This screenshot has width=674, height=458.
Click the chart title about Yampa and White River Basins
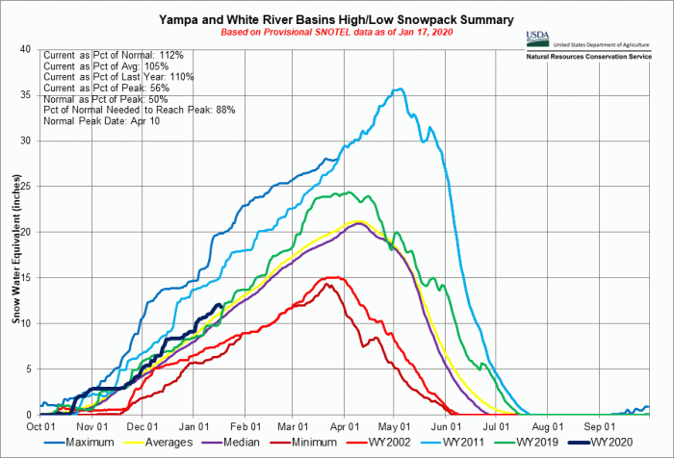tap(337, 19)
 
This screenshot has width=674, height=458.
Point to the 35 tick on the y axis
tap(29, 95)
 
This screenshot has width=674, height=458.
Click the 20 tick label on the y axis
tap(29, 232)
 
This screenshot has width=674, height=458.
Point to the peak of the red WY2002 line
tap(334, 277)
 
